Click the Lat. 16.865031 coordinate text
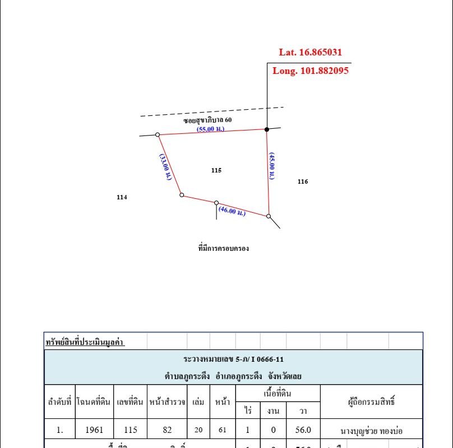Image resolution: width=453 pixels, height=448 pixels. pos(310,53)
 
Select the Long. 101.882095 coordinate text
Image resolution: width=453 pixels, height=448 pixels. pos(311,71)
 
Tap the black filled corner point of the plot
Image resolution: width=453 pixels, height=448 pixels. pos(267,129)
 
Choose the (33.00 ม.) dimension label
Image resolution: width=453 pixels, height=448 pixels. pos(165,167)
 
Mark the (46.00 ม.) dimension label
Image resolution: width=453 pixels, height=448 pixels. pos(232,212)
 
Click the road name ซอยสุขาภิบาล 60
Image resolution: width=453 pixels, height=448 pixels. pos(207,120)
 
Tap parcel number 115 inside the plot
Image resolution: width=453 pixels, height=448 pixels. pos(216,170)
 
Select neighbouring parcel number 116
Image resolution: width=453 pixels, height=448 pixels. pos(303,181)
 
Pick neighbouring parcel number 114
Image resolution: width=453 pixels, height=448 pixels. pos(122,197)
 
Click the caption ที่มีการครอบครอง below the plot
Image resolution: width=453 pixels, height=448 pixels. pos(224,248)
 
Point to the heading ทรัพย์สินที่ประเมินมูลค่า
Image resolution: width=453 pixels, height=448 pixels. pos(85,342)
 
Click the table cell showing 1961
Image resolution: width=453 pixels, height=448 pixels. pos(94,431)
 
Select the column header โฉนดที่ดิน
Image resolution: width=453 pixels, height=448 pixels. pos(94,402)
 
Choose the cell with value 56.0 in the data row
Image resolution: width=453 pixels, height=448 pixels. pos(303,431)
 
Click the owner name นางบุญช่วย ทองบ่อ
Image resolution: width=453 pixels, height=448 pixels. pos(371,431)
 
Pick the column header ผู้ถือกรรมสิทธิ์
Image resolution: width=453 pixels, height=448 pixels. pos(371,402)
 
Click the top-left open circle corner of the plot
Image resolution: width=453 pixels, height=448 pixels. pos(158,134)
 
